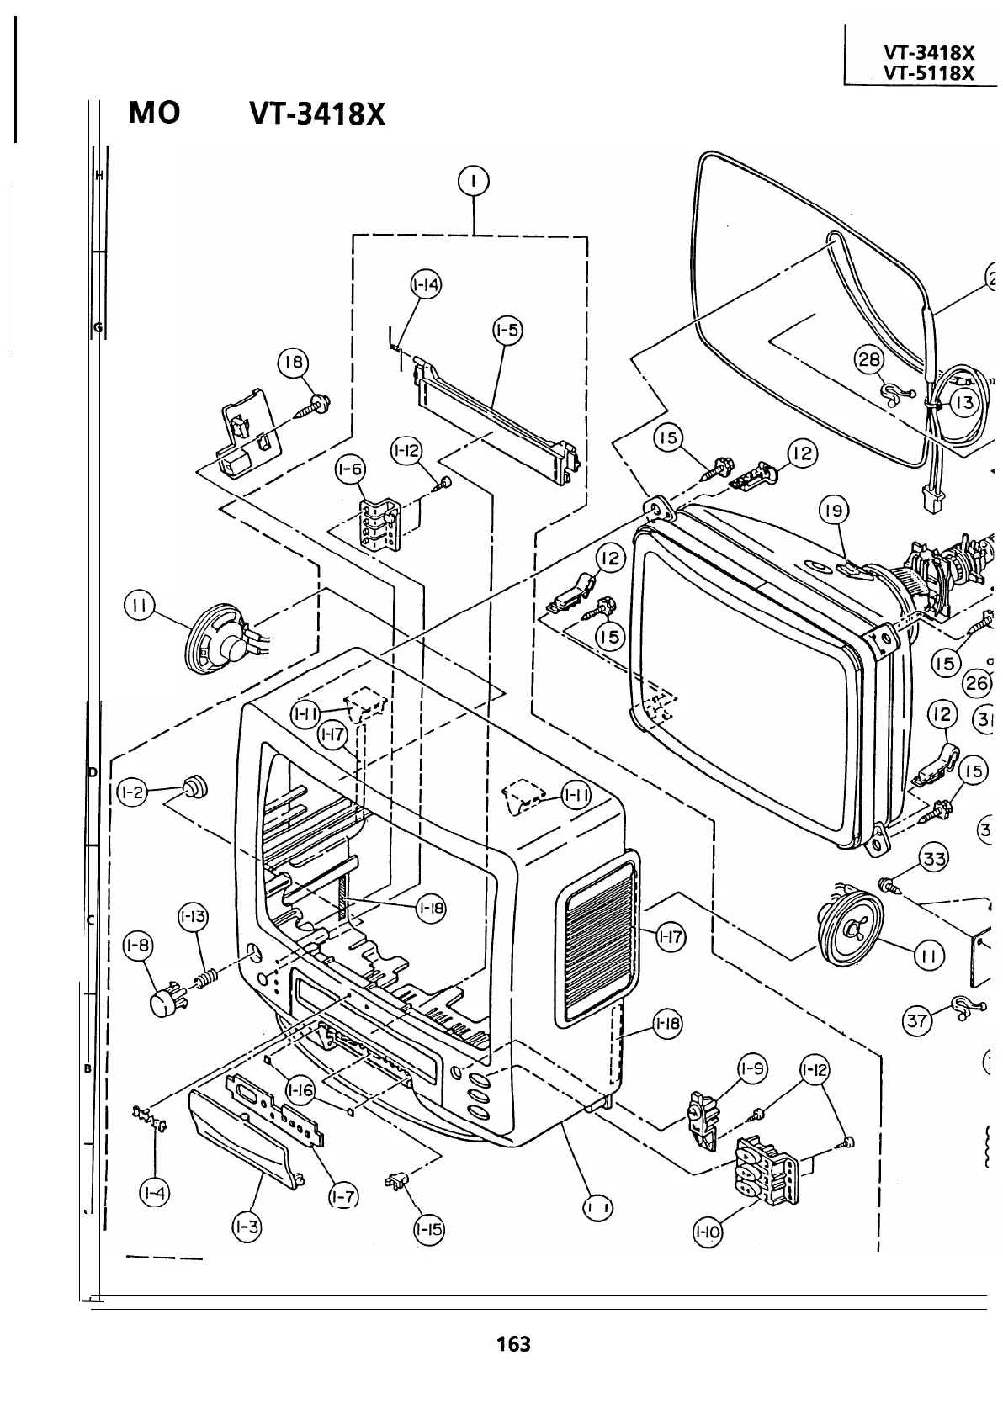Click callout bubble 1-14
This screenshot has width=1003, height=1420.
[427, 285]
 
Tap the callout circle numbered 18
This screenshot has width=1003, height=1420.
[294, 363]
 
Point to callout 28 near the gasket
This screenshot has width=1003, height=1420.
[868, 360]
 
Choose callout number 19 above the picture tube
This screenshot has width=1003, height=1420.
[834, 510]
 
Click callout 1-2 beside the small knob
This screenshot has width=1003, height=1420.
[132, 792]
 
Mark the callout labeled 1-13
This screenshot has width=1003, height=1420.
[194, 916]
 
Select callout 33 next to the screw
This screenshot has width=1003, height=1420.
[934, 859]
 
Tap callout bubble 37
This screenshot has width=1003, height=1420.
[917, 1020]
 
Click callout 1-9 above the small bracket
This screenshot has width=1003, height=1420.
[752, 1068]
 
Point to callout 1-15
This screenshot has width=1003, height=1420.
[429, 1229]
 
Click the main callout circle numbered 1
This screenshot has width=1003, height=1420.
[475, 181]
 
